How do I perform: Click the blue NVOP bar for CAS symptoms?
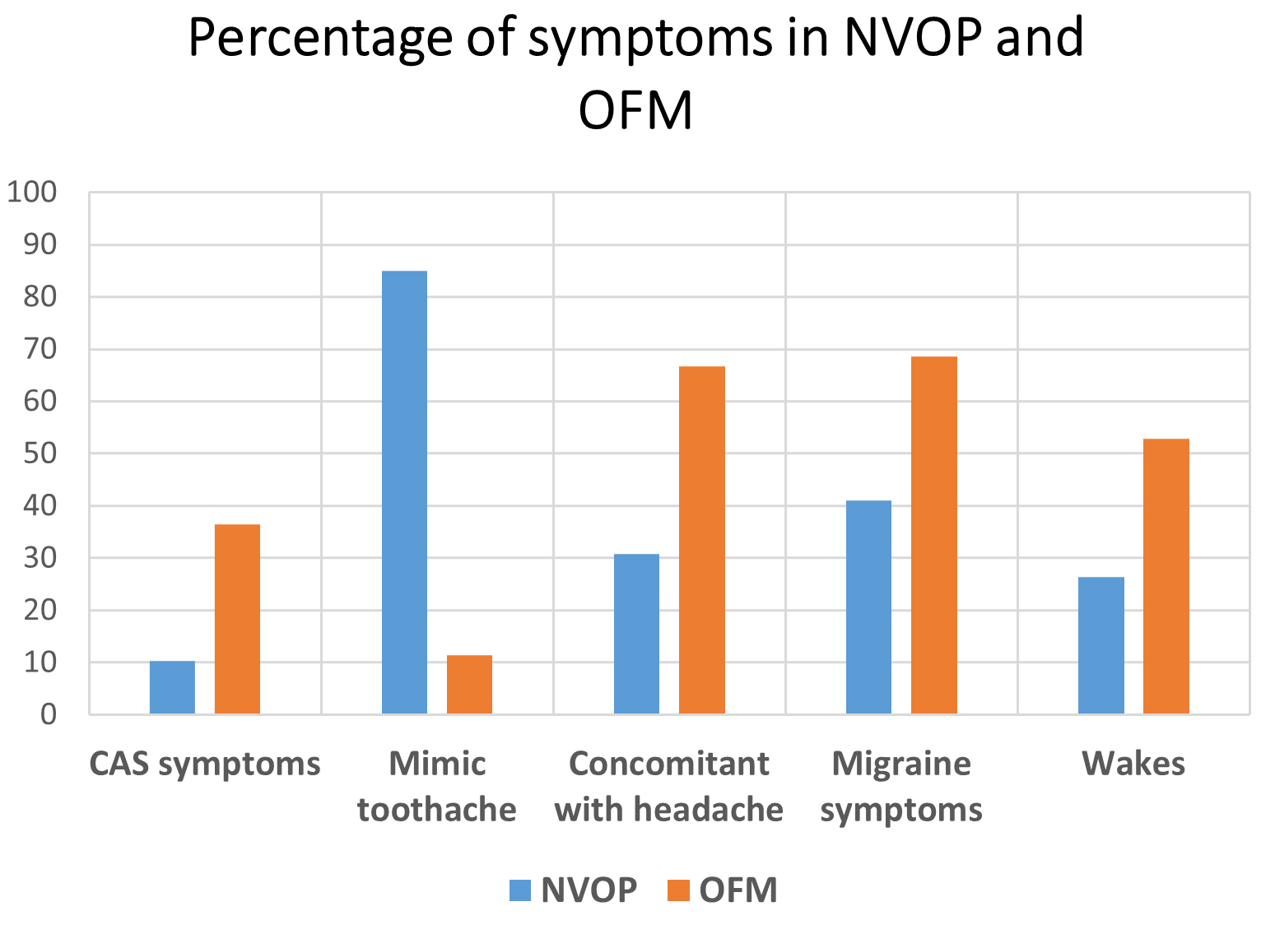(x=172, y=687)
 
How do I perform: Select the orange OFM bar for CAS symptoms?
(x=237, y=619)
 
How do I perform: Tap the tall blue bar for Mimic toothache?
(x=404, y=492)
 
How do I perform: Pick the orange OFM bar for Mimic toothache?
(x=469, y=685)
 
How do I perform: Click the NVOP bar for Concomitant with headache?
(x=636, y=634)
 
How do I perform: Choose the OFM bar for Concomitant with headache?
(x=701, y=540)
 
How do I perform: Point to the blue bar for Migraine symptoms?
(x=868, y=607)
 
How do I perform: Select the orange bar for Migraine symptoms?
(x=933, y=535)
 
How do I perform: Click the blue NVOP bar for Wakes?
(x=1101, y=645)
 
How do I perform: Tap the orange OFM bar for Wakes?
(x=1166, y=576)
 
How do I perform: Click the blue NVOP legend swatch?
(x=520, y=890)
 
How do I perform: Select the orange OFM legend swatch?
(x=678, y=890)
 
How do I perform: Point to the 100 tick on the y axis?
(x=32, y=193)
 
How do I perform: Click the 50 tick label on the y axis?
(x=40, y=453)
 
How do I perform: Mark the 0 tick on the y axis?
(x=49, y=714)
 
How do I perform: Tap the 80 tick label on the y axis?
(x=40, y=297)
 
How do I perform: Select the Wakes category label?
(x=1133, y=764)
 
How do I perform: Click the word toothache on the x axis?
(x=436, y=810)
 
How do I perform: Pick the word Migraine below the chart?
(x=901, y=764)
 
